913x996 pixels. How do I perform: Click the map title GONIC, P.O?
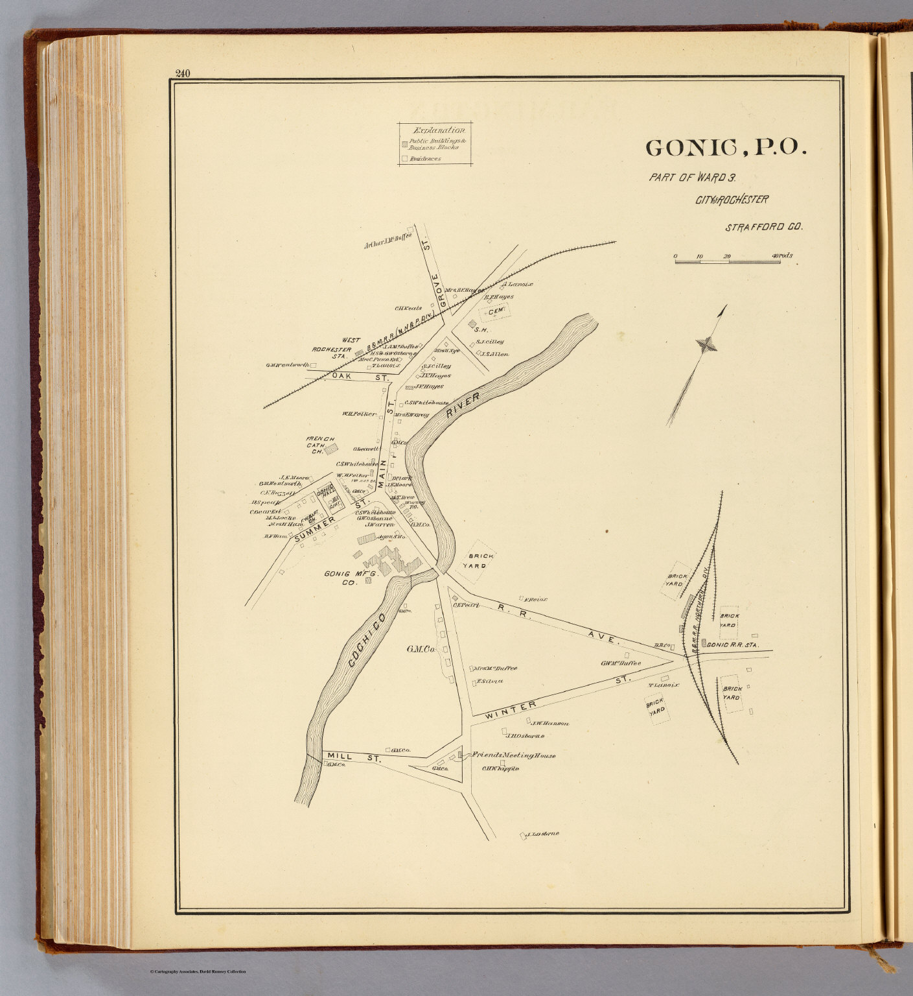pos(726,148)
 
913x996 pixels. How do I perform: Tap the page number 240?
pos(182,73)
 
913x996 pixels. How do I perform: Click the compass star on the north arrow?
pos(706,344)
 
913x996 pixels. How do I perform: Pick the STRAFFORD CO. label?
pos(764,228)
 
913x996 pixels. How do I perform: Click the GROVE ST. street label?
pos(435,290)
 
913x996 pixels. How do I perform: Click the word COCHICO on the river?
pos(367,640)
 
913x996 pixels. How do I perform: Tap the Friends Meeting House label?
pos(513,755)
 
